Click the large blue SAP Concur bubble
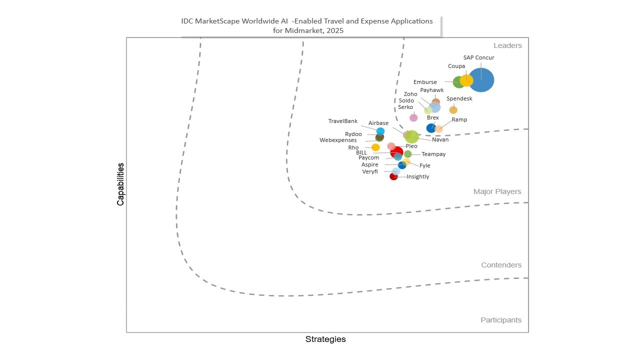481,80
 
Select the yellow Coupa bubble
466,80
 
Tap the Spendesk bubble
453,110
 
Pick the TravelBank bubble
380,131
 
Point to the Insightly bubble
393,176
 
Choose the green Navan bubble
412,136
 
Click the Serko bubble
413,117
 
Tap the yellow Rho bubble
375,147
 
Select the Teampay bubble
408,154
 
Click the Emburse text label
425,82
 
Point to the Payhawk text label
431,90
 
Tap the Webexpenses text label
338,140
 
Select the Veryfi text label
370,172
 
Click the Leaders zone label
507,45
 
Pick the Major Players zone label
497,191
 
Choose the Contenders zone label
501,265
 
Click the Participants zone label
500,320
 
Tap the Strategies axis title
325,339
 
